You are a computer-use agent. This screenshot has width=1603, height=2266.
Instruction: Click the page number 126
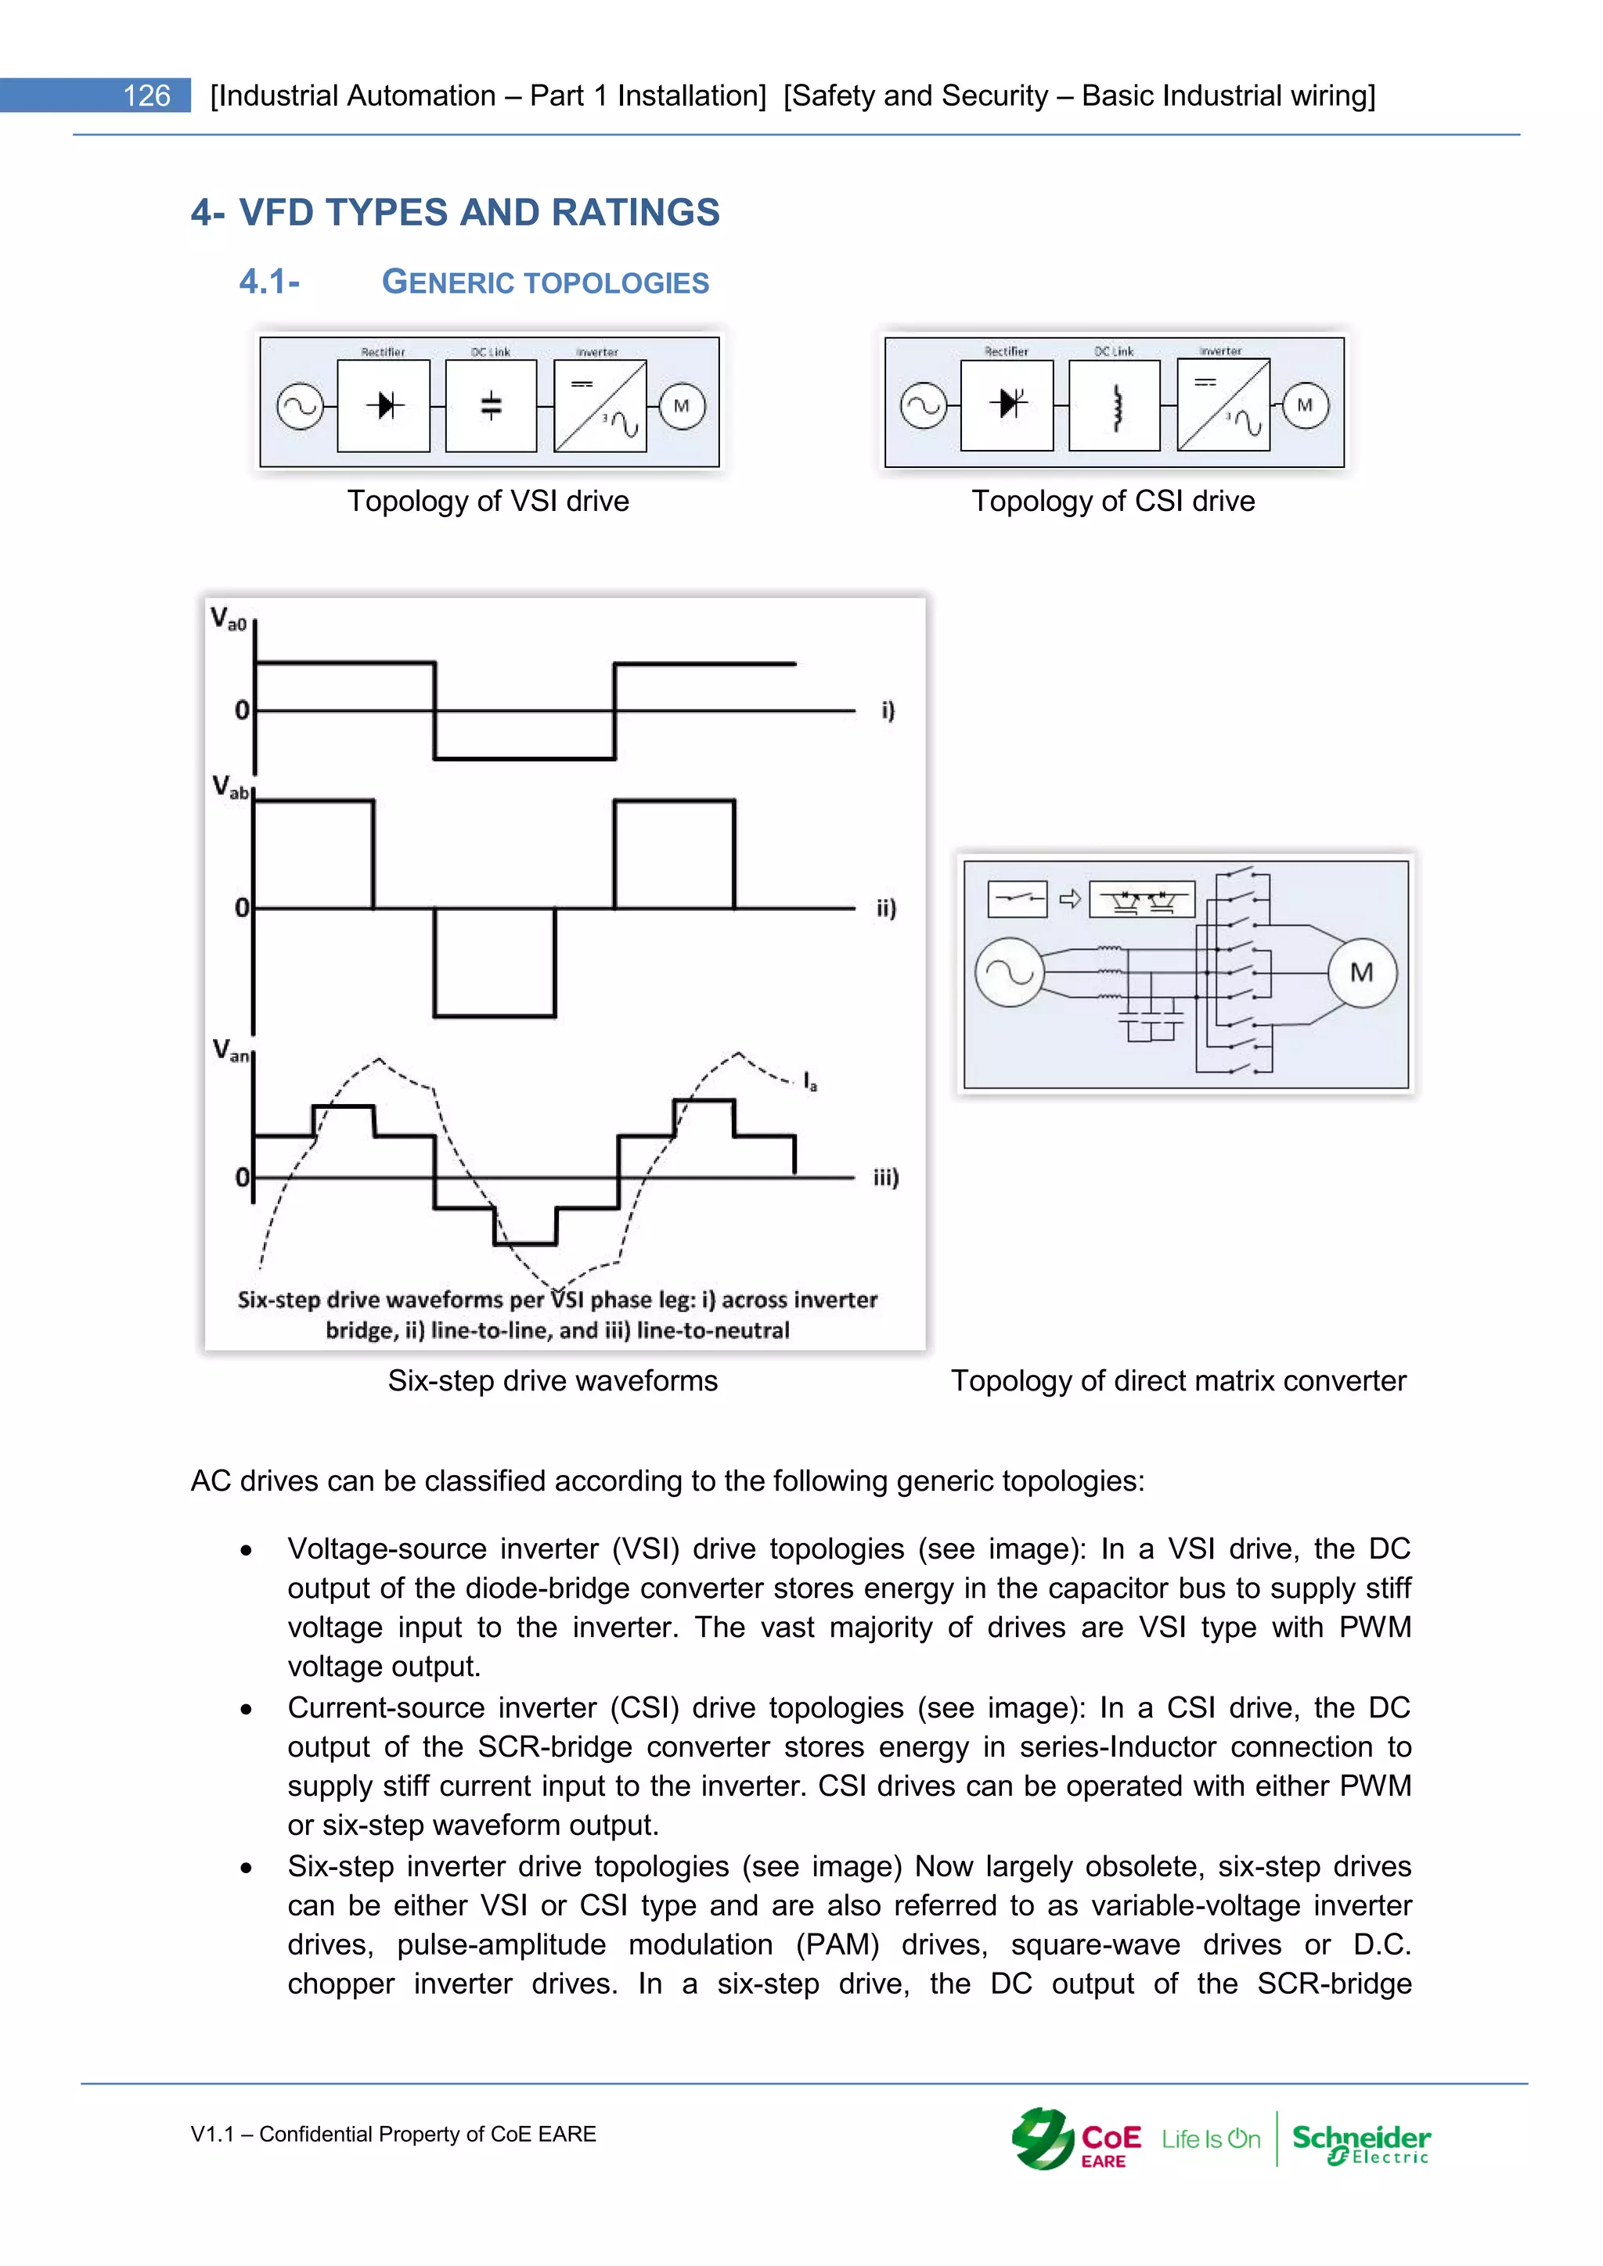146,95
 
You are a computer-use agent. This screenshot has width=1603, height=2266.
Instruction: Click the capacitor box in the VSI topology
491,405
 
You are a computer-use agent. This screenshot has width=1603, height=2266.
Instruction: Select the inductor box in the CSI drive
1115,405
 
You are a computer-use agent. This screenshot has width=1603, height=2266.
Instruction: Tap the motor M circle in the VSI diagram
681,405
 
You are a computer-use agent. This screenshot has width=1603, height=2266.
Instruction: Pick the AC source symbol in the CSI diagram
924,405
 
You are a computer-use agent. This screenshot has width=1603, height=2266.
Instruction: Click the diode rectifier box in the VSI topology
384,405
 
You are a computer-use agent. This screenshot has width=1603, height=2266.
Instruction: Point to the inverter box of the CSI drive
1223,405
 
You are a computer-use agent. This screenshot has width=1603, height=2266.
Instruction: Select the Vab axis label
230,788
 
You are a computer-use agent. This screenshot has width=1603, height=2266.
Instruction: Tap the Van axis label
231,1050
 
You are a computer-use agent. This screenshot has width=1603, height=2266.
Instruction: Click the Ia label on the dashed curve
809,1081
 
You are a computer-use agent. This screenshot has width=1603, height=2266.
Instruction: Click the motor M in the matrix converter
1362,973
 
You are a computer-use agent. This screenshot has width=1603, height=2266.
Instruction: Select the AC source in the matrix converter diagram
1009,973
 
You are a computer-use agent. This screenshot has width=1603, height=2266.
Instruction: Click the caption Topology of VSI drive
488,502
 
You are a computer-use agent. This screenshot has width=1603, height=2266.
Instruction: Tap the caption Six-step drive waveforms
553,1381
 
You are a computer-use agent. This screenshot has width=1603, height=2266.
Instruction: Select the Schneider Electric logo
1360,2142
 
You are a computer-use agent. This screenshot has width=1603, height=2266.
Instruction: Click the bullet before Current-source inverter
246,1710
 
